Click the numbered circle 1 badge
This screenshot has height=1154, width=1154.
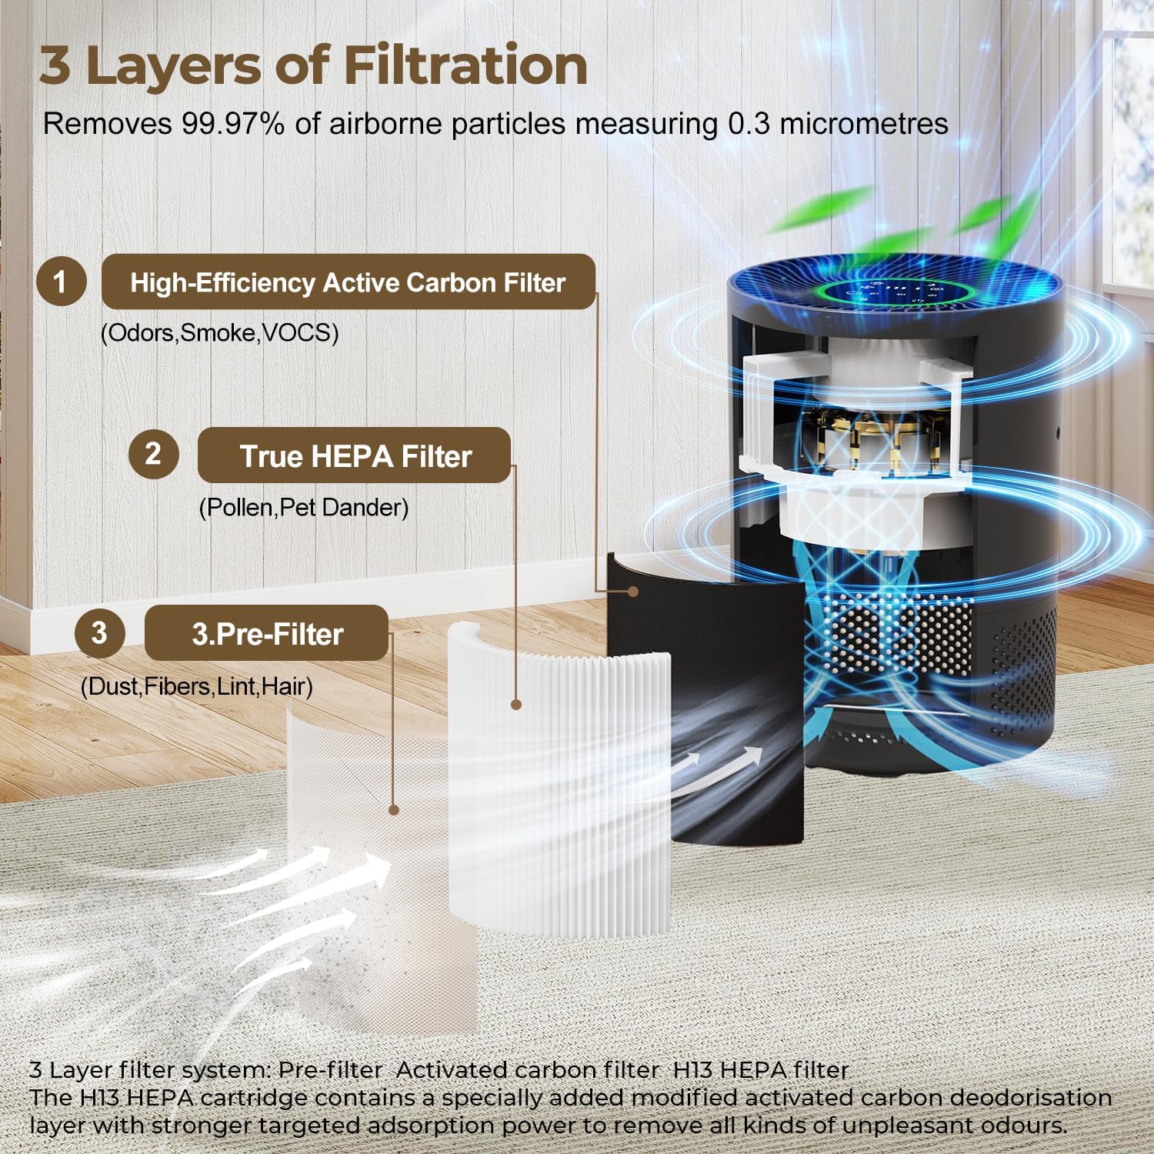[61, 282]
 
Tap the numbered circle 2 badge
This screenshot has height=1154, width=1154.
[153, 454]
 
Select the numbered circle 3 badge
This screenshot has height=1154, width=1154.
[99, 632]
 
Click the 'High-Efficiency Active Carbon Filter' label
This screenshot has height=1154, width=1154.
[349, 282]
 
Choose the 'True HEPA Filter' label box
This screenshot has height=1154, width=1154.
[355, 455]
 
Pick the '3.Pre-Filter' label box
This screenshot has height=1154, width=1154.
[267, 633]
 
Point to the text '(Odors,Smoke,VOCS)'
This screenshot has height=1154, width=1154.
[220, 333]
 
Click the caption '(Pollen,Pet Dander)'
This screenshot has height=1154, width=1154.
[304, 508]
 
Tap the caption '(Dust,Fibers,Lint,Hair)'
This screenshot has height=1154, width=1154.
[197, 686]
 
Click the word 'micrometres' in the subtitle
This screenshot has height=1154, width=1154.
[864, 124]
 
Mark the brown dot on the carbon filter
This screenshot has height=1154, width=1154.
[632, 591]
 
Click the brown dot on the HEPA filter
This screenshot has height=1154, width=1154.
[516, 704]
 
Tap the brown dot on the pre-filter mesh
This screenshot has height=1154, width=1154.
[394, 809]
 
